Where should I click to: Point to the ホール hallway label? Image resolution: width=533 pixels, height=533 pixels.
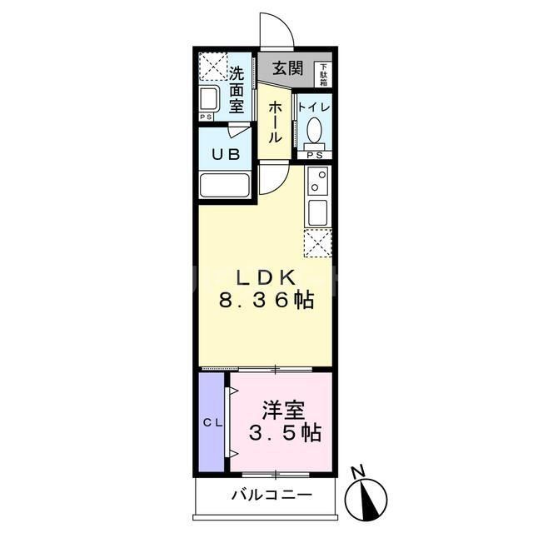point(274,123)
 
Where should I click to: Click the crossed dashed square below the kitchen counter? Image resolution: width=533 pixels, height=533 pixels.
point(318,242)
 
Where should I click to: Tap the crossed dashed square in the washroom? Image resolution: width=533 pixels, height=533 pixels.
point(213,65)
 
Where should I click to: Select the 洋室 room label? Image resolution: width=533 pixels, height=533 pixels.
point(284,411)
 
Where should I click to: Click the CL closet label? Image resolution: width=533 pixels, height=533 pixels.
point(212,423)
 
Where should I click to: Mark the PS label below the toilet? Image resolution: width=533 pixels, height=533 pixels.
point(314,156)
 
